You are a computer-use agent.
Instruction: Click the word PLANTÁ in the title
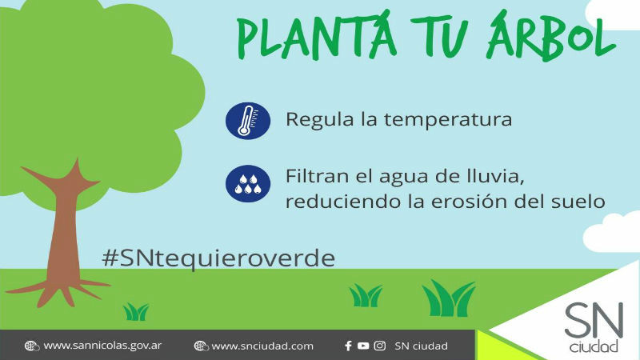(x=317, y=35)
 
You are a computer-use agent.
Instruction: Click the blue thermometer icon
(x=248, y=121)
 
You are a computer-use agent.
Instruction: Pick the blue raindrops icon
(x=248, y=184)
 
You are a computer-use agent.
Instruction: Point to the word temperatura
(x=448, y=120)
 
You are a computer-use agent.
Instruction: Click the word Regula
(x=319, y=120)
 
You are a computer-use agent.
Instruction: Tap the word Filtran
(x=316, y=176)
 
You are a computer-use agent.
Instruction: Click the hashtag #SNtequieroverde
(x=218, y=258)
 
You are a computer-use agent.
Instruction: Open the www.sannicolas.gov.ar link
(x=102, y=346)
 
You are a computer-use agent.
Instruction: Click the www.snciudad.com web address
(x=262, y=346)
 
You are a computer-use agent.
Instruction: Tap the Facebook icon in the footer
(x=348, y=346)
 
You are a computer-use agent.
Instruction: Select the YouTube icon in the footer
(x=363, y=346)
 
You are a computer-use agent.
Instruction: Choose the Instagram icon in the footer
(x=379, y=346)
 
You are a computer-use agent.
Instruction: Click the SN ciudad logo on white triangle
(x=594, y=326)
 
